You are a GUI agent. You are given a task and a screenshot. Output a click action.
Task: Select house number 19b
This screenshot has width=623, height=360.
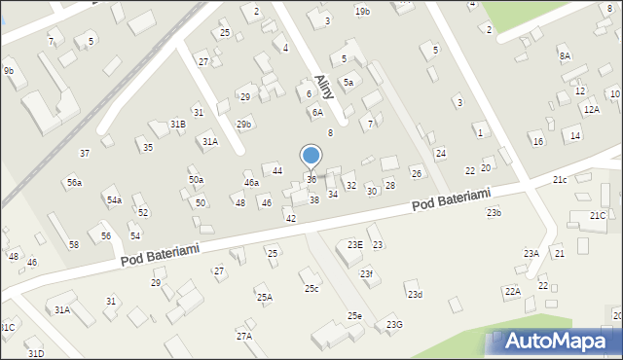(362, 11)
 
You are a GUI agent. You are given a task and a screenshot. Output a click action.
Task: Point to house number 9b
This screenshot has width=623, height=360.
(9, 71)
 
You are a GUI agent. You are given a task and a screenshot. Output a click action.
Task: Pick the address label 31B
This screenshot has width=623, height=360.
(177, 124)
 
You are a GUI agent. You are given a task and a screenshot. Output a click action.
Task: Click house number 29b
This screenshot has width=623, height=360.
(243, 124)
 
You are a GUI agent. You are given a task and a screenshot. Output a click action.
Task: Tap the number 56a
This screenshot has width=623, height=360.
(74, 182)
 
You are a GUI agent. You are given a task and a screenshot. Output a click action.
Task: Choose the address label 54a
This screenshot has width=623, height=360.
(114, 199)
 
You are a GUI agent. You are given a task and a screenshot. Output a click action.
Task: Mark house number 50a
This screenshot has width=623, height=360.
(196, 180)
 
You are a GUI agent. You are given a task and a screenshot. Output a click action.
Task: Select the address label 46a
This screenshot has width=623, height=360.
(251, 182)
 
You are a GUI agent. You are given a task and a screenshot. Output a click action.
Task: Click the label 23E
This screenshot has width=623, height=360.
(354, 244)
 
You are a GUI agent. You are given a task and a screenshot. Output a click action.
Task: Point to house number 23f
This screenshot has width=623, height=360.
(366, 274)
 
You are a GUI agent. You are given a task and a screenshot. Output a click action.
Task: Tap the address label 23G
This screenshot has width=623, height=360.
(394, 324)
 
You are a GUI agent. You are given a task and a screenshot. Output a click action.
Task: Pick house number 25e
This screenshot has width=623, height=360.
(355, 316)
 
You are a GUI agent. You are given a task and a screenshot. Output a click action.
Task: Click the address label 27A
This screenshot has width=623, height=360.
(243, 336)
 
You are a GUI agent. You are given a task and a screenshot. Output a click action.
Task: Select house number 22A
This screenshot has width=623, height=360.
(512, 291)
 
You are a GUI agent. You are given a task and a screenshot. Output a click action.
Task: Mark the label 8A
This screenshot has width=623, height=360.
(565, 55)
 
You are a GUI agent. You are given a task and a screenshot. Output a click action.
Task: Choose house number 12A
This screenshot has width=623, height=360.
(592, 110)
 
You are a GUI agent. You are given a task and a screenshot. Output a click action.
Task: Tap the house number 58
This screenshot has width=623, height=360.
(74, 244)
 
